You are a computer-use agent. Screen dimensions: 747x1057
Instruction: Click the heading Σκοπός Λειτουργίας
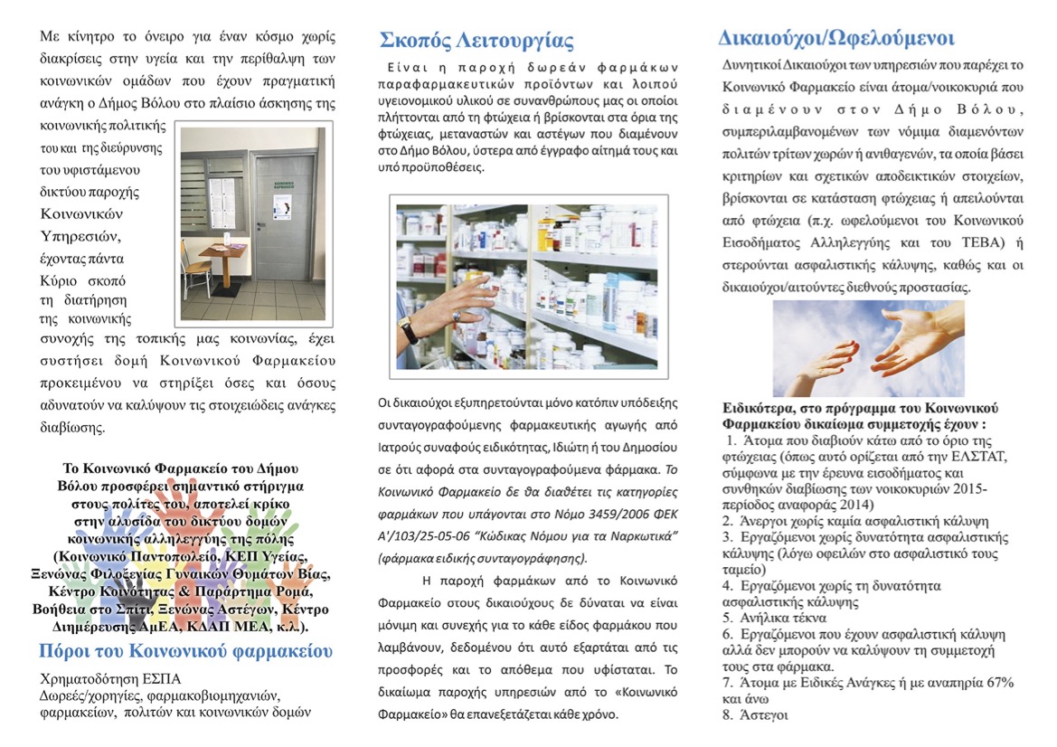pos(477,41)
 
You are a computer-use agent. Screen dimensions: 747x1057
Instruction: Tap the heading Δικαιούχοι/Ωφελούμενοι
pos(836,39)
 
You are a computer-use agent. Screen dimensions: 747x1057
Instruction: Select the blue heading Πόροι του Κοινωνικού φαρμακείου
pos(185,652)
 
